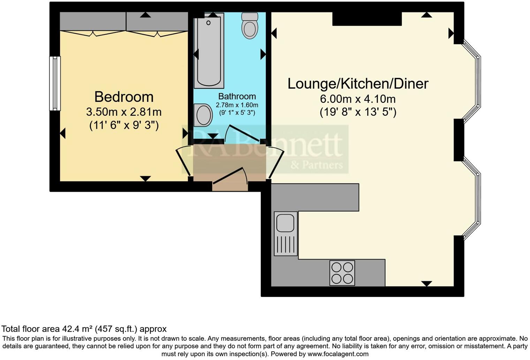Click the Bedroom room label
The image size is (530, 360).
pyautogui.click(x=124, y=97)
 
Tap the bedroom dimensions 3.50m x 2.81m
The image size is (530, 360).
pyautogui.click(x=124, y=112)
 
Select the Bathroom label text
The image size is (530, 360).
pyautogui.click(x=237, y=96)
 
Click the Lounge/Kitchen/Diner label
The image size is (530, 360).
pyautogui.click(x=358, y=84)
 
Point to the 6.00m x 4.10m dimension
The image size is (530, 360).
pyautogui.click(x=358, y=99)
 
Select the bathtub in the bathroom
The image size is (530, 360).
pyautogui.click(x=209, y=51)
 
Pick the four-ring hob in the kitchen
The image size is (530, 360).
pyautogui.click(x=342, y=273)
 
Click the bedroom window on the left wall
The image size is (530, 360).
pyautogui.click(x=55, y=83)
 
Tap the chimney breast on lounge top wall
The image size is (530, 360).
pyautogui.click(x=367, y=19)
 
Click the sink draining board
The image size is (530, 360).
pyautogui.click(x=285, y=244)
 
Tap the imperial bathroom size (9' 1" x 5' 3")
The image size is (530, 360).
pyautogui.click(x=237, y=113)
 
